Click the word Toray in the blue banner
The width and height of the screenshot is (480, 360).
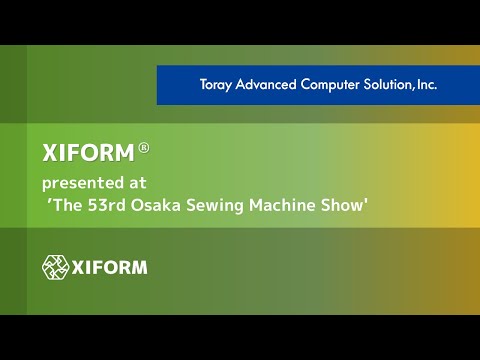211,85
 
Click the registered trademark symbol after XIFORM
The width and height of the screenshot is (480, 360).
144,147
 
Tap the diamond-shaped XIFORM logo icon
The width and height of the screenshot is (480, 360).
55,267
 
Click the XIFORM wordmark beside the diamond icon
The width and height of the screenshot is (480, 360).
110,267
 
